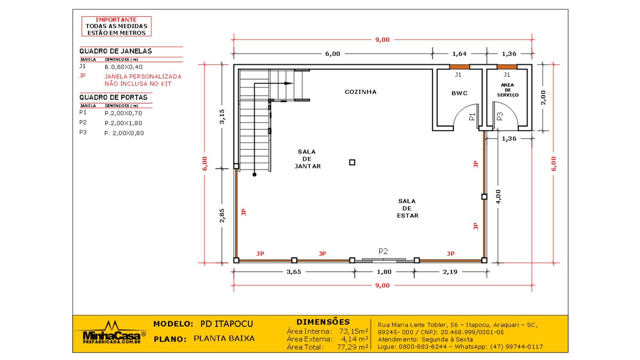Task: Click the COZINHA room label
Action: (x=360, y=92)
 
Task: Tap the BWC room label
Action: (x=460, y=93)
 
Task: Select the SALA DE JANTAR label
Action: (x=308, y=159)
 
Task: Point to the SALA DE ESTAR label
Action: (x=408, y=208)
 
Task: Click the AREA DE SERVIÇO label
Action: (x=508, y=90)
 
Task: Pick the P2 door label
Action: (x=383, y=251)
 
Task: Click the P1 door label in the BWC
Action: (x=472, y=116)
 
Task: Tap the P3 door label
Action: (x=500, y=116)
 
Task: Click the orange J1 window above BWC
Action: (x=460, y=67)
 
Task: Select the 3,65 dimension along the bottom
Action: (x=294, y=272)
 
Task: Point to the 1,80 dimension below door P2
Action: (x=384, y=272)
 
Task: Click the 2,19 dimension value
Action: (x=450, y=272)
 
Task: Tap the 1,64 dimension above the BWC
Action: (x=460, y=54)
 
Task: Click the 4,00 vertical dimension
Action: (x=498, y=197)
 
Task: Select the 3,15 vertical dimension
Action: (x=222, y=116)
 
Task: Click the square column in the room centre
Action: (x=352, y=162)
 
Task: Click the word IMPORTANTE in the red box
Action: (x=116, y=20)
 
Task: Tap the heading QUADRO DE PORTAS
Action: (x=114, y=98)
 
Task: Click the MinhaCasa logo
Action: (x=112, y=334)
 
